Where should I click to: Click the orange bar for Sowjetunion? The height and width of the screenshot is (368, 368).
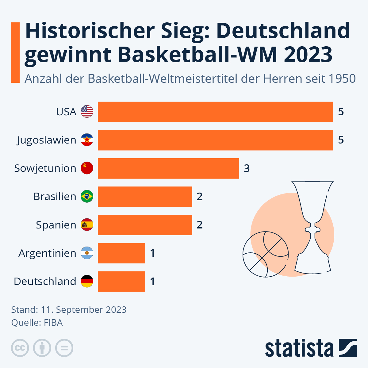[x=168, y=168]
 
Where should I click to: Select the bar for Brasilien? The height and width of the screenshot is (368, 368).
[x=145, y=197]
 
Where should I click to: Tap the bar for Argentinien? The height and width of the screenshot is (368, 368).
[x=121, y=253]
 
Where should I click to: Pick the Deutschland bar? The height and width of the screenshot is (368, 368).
[x=121, y=281]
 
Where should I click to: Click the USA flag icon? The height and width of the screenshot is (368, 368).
[x=87, y=112]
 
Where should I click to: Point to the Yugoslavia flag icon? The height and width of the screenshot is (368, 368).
[x=87, y=140]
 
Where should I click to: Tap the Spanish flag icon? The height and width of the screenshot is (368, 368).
[x=87, y=225]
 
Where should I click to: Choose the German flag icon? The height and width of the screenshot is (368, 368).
[x=87, y=281]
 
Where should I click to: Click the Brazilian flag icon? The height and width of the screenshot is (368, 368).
[x=87, y=197]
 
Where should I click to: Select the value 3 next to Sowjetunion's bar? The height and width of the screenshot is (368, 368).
[x=247, y=168]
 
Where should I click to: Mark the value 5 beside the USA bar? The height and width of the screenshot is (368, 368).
[x=341, y=112]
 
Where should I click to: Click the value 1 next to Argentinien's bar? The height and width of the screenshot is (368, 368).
[x=152, y=253]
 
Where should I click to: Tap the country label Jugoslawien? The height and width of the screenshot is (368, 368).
[x=47, y=140]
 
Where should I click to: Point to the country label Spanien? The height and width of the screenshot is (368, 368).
[x=56, y=225]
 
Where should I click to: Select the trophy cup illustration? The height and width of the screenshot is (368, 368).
[x=312, y=227]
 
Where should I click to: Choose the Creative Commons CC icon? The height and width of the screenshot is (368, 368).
[x=20, y=348]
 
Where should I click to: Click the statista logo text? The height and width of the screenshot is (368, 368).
[x=299, y=348]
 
